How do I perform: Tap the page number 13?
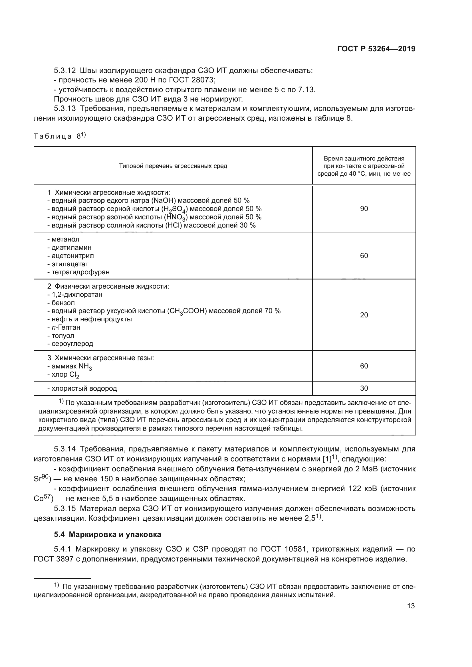(x=411, y=606)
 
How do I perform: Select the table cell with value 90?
(x=364, y=208)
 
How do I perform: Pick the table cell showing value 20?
(x=364, y=315)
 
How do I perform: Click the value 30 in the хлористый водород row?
(x=364, y=388)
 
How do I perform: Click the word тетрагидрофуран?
(x=80, y=272)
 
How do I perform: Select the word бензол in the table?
(x=63, y=303)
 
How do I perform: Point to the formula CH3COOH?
(x=187, y=311)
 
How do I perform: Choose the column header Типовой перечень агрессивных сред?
(x=173, y=166)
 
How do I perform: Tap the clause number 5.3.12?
(x=64, y=71)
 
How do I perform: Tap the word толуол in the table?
(x=63, y=336)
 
